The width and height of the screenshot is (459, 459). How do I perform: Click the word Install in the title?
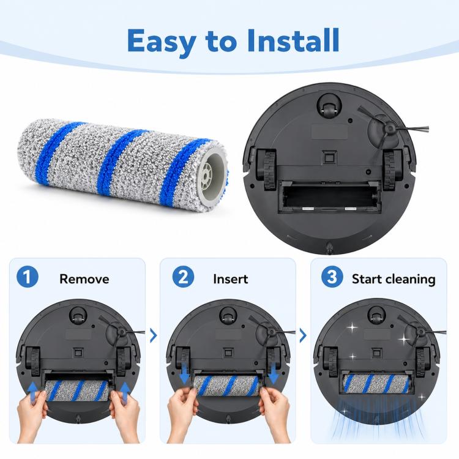pos(293,40)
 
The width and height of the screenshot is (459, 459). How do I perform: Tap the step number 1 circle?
pos(28,277)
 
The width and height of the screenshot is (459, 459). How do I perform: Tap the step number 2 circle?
pos(183,277)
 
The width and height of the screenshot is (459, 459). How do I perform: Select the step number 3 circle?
pos(332,277)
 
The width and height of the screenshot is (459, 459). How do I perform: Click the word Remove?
pos(84,278)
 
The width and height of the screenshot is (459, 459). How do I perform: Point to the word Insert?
pos(230,278)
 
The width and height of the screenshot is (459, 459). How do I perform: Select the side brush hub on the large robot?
pos(389,129)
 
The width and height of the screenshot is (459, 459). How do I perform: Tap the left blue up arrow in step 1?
pos(34,393)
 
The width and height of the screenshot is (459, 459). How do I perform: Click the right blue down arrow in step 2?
pos(274,374)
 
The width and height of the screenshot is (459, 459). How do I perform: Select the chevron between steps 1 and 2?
pos(153,335)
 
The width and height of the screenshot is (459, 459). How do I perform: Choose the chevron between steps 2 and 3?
pos(303,335)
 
